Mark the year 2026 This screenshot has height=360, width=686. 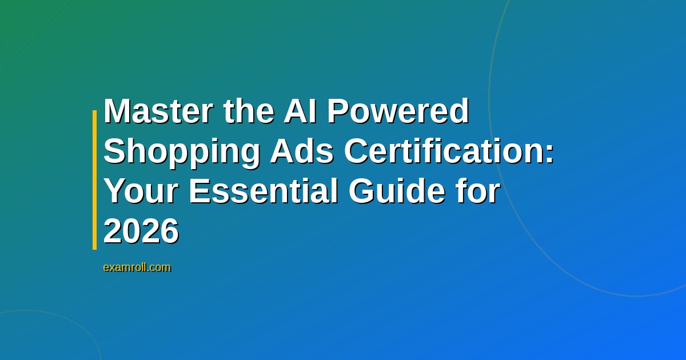click(141, 233)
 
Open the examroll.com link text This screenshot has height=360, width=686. click(137, 267)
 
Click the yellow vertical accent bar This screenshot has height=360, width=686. click(95, 180)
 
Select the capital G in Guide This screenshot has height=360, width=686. click(362, 192)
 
